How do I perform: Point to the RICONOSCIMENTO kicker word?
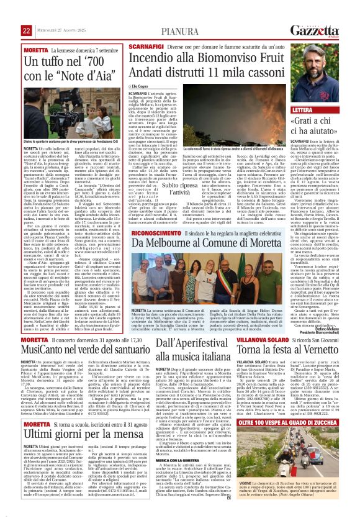(152, 232)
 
